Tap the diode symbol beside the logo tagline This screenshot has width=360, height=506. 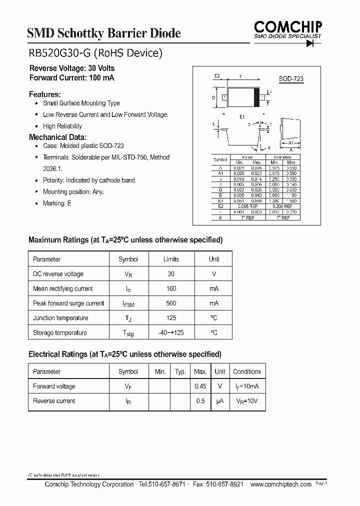[313, 43]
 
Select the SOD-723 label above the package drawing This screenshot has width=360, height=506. [291, 79]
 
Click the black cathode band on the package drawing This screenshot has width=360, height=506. [257, 97]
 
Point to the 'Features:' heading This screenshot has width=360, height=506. [45, 94]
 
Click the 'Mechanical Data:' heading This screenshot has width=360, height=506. [57, 137]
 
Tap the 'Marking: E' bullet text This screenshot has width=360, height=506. [57, 203]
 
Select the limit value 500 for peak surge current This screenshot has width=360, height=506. [171, 303]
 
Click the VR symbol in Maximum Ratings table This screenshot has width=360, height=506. [128, 274]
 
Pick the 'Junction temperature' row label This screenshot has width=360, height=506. [60, 318]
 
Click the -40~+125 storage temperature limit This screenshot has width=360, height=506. [171, 333]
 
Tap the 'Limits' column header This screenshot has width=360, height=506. [171, 259]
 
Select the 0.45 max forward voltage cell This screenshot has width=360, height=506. [200, 386]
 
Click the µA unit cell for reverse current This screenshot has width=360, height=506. [219, 401]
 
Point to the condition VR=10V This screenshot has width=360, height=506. [247, 401]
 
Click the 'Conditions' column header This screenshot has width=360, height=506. [247, 371]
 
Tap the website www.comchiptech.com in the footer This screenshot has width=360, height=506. [280, 484]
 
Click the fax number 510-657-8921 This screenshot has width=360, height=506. [225, 484]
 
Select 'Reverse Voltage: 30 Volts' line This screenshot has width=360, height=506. [72, 68]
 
